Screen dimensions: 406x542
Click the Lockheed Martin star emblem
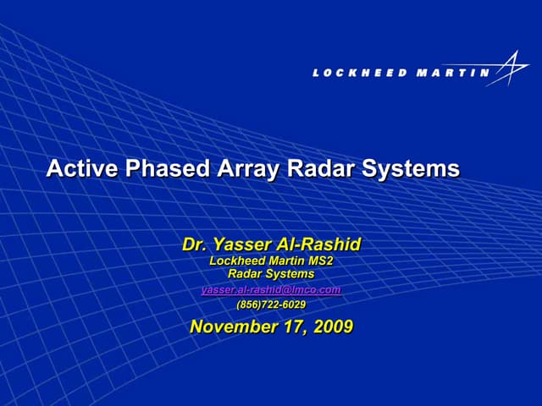pos(511,68)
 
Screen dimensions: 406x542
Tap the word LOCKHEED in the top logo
pos(359,73)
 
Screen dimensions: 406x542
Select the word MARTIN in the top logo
pos(453,73)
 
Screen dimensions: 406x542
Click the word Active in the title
pos(82,168)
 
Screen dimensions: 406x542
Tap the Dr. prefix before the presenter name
pos(196,244)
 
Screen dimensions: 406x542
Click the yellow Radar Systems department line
pos(271,274)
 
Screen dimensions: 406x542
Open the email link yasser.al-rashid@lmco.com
pos(271,289)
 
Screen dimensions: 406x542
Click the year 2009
pos(333,326)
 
